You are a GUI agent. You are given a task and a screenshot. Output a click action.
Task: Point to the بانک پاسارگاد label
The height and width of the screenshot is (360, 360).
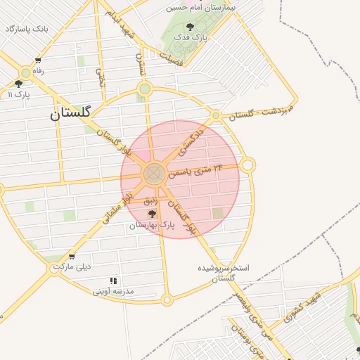pos(26,29)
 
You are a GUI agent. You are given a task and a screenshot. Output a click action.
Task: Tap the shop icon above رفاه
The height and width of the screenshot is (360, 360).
pos(37,60)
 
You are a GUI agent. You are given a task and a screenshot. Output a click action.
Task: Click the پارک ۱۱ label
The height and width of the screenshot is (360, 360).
pos(18,94)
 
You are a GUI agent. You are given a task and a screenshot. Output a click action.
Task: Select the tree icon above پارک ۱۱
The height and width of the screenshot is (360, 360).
pos(19,84)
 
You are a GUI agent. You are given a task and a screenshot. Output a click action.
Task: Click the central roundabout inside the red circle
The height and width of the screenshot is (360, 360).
pos(155,174)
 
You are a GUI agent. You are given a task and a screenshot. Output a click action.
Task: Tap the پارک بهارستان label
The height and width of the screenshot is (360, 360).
pos(151,225)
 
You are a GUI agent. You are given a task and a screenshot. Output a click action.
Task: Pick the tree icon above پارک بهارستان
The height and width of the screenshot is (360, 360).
pos(152,214)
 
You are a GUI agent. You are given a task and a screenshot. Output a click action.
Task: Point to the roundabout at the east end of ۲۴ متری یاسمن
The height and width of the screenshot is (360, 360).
pos(247,165)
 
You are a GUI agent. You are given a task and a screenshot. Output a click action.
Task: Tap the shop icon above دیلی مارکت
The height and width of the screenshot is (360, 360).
pos(71,257)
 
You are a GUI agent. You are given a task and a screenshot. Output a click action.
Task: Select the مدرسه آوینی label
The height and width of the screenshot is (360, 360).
pos(113,291)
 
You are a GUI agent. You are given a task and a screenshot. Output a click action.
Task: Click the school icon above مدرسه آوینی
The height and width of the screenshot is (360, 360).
pos(113,281)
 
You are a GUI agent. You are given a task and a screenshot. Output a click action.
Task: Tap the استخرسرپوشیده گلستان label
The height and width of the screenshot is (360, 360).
pos(224,274)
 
